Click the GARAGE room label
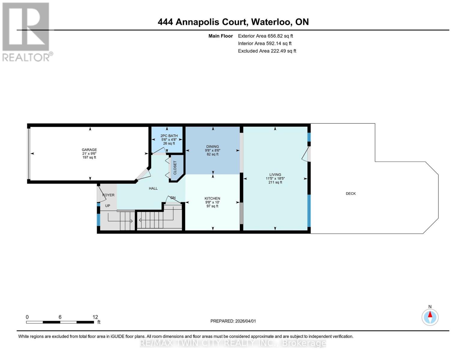89,150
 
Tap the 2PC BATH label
169,136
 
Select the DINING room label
212,147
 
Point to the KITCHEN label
212,199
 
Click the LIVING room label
275,175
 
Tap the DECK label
350,194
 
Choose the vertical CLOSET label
175,168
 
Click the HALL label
153,188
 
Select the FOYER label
109,195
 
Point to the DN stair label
173,198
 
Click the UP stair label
107,206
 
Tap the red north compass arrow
430,315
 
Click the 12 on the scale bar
95,317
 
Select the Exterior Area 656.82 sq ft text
265,36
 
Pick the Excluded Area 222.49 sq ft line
267,51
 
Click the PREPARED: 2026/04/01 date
233,321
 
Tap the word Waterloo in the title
271,22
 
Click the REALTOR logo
26,32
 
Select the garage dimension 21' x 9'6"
89,154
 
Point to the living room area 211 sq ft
275,182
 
